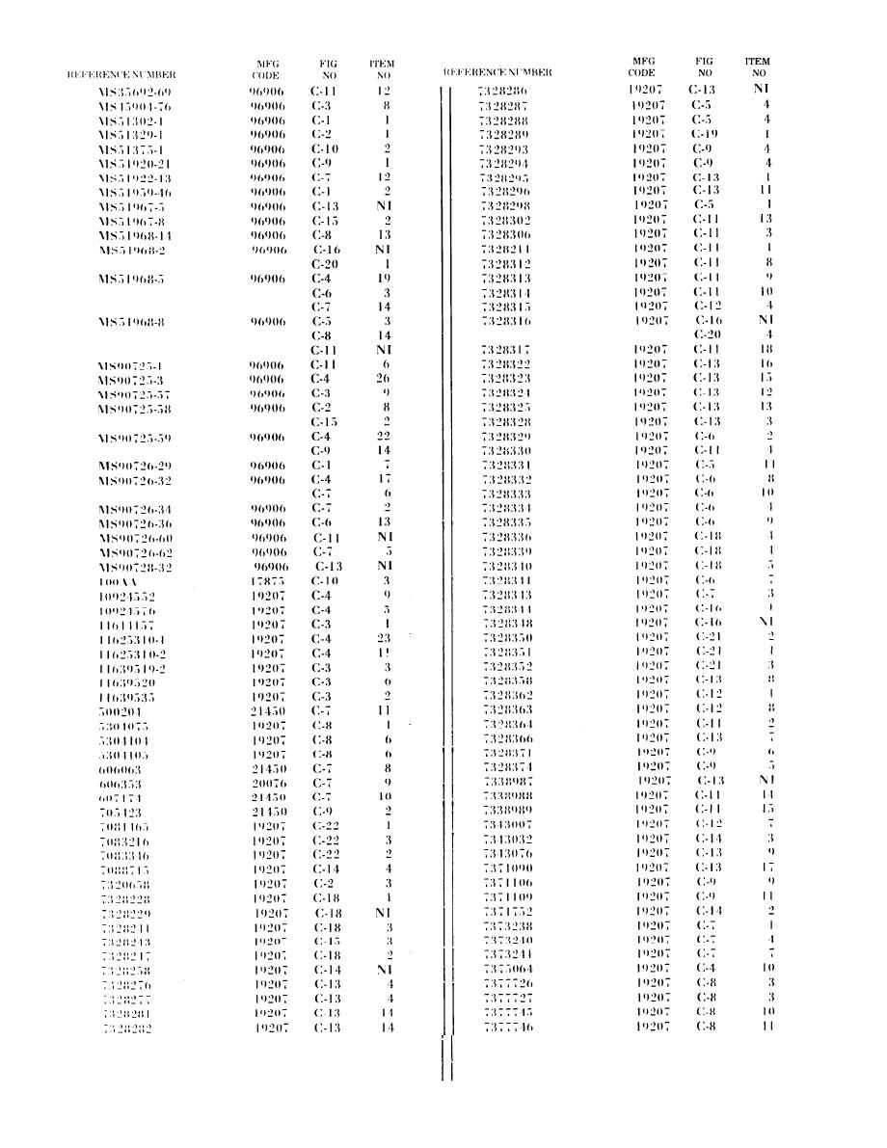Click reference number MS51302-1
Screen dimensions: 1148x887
point(134,121)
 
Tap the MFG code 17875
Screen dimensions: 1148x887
point(264,583)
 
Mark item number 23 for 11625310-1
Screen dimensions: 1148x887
point(385,638)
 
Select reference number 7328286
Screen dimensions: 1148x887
point(503,90)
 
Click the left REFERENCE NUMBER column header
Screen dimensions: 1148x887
point(121,73)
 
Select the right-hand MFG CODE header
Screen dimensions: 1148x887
point(641,67)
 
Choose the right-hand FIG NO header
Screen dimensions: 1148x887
point(705,67)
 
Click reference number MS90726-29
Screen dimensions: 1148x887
point(135,467)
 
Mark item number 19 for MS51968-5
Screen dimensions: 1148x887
point(385,278)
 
